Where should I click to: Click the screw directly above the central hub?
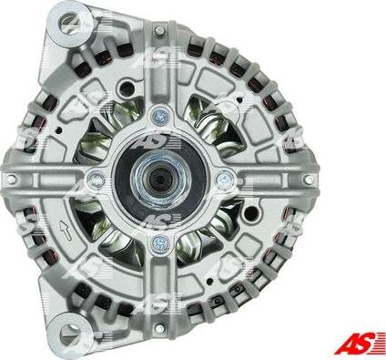click(160, 115)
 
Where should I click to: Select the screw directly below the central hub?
click(158, 242)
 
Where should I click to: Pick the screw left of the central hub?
click(96, 180)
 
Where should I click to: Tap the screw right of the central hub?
click(224, 179)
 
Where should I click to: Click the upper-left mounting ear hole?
click(71, 21)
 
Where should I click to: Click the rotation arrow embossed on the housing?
click(66, 230)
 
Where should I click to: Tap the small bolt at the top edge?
click(159, 30)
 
